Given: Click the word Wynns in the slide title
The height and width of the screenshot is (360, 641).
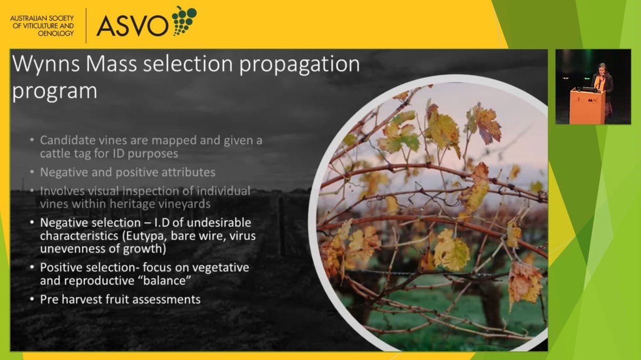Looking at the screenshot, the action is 46,64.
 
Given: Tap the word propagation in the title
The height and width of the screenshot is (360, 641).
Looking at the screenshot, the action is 299,65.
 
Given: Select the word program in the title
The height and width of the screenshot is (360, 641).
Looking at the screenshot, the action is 54,91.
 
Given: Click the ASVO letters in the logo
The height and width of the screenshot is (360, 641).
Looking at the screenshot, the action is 133,26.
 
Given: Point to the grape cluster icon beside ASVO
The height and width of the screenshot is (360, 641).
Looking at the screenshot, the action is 184,20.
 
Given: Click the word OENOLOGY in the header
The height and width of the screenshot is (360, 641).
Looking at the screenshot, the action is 56,34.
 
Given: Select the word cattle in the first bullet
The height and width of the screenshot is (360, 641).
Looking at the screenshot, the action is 55,154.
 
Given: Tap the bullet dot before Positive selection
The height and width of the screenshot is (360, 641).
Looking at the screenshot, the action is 32,267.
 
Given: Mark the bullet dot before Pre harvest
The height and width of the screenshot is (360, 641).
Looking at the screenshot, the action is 32,299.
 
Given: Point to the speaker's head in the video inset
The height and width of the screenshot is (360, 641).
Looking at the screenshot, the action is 603,68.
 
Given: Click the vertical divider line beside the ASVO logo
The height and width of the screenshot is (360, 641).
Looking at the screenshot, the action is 86,26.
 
